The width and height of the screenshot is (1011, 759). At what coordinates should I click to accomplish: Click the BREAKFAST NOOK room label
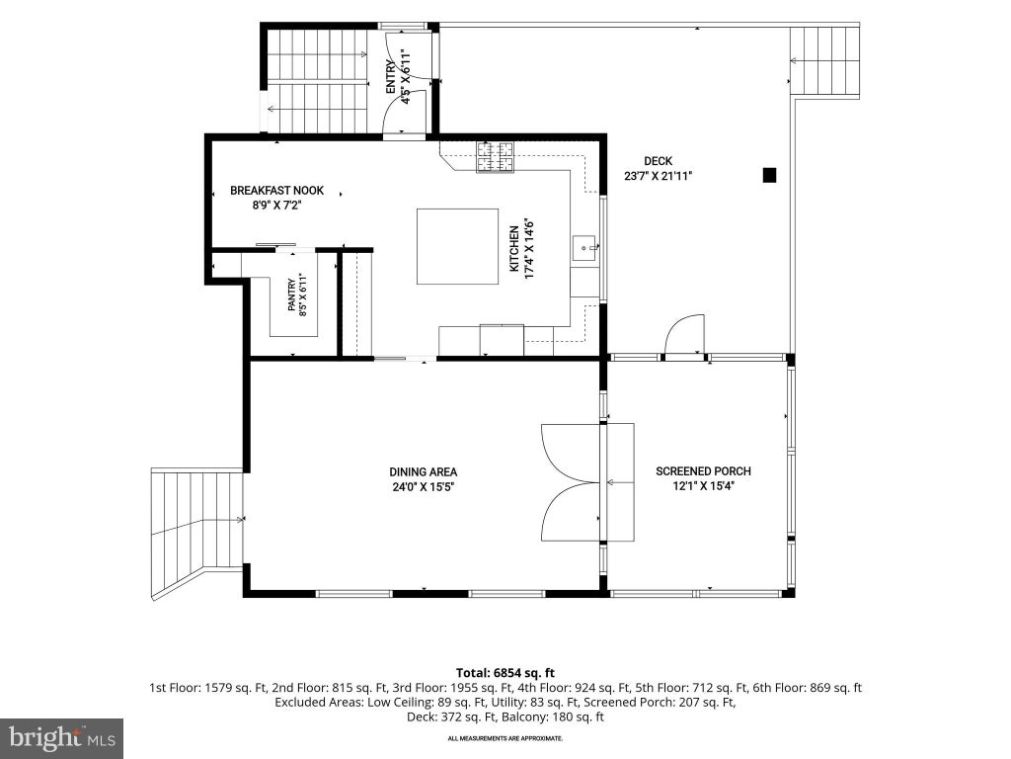276,191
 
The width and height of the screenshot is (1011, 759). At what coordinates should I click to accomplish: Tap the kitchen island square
457,246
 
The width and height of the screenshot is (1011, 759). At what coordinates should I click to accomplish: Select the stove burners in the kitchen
496,157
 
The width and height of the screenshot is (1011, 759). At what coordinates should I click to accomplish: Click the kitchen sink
584,248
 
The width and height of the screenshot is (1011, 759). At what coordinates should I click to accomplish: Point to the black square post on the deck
769,175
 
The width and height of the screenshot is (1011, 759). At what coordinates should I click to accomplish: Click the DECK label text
658,161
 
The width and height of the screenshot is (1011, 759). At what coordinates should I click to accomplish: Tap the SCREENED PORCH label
703,471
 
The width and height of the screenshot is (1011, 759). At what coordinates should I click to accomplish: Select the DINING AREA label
423,471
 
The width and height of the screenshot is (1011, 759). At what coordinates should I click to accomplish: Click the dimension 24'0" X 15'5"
424,487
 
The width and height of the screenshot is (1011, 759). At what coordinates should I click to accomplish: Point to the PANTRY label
292,295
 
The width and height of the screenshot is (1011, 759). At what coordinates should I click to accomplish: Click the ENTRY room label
391,77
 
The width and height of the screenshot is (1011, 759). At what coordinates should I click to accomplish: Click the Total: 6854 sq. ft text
505,673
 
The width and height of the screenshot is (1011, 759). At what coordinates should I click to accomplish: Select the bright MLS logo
61,738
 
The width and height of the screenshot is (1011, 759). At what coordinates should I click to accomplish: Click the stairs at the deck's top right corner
825,61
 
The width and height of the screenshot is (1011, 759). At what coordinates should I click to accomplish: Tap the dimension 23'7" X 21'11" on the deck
658,176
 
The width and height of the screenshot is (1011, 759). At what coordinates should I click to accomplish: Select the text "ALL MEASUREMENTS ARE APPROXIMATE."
505,737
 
